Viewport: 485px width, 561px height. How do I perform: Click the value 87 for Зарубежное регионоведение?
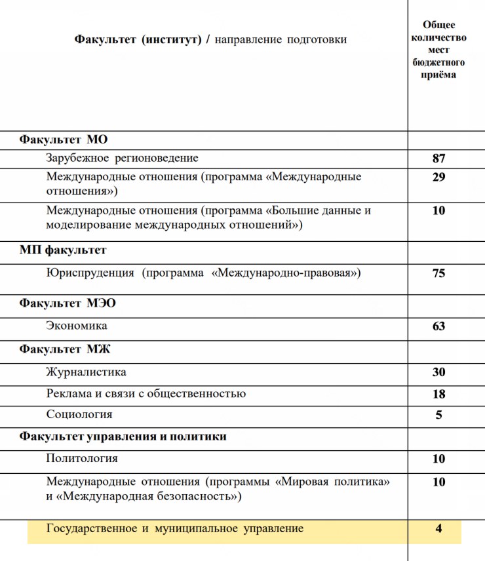tap(438, 159)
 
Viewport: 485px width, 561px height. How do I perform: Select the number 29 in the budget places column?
tap(438, 178)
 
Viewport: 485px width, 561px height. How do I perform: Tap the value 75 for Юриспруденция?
tap(438, 273)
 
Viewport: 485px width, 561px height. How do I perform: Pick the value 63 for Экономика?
tap(438, 326)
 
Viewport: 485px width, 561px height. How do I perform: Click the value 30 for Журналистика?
tap(438, 372)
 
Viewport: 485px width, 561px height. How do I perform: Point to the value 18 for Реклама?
tap(438, 394)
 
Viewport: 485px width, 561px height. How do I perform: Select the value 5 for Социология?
tap(438, 415)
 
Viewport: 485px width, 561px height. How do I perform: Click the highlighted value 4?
tap(438, 528)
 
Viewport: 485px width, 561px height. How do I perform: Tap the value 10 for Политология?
tap(438, 459)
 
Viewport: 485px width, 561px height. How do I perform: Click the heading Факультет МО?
tap(63, 140)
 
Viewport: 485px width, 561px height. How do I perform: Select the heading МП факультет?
tap(63, 250)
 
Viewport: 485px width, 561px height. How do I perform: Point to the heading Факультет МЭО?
tap(68, 303)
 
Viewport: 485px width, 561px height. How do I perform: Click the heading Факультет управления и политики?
tap(123, 436)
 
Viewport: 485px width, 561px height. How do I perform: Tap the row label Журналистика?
tap(86, 372)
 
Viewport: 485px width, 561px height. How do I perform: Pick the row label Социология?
tap(79, 414)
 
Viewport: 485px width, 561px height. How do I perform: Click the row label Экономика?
tap(77, 326)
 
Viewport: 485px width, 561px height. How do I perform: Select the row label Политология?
tap(82, 458)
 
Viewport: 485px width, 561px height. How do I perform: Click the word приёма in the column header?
tap(438, 74)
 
